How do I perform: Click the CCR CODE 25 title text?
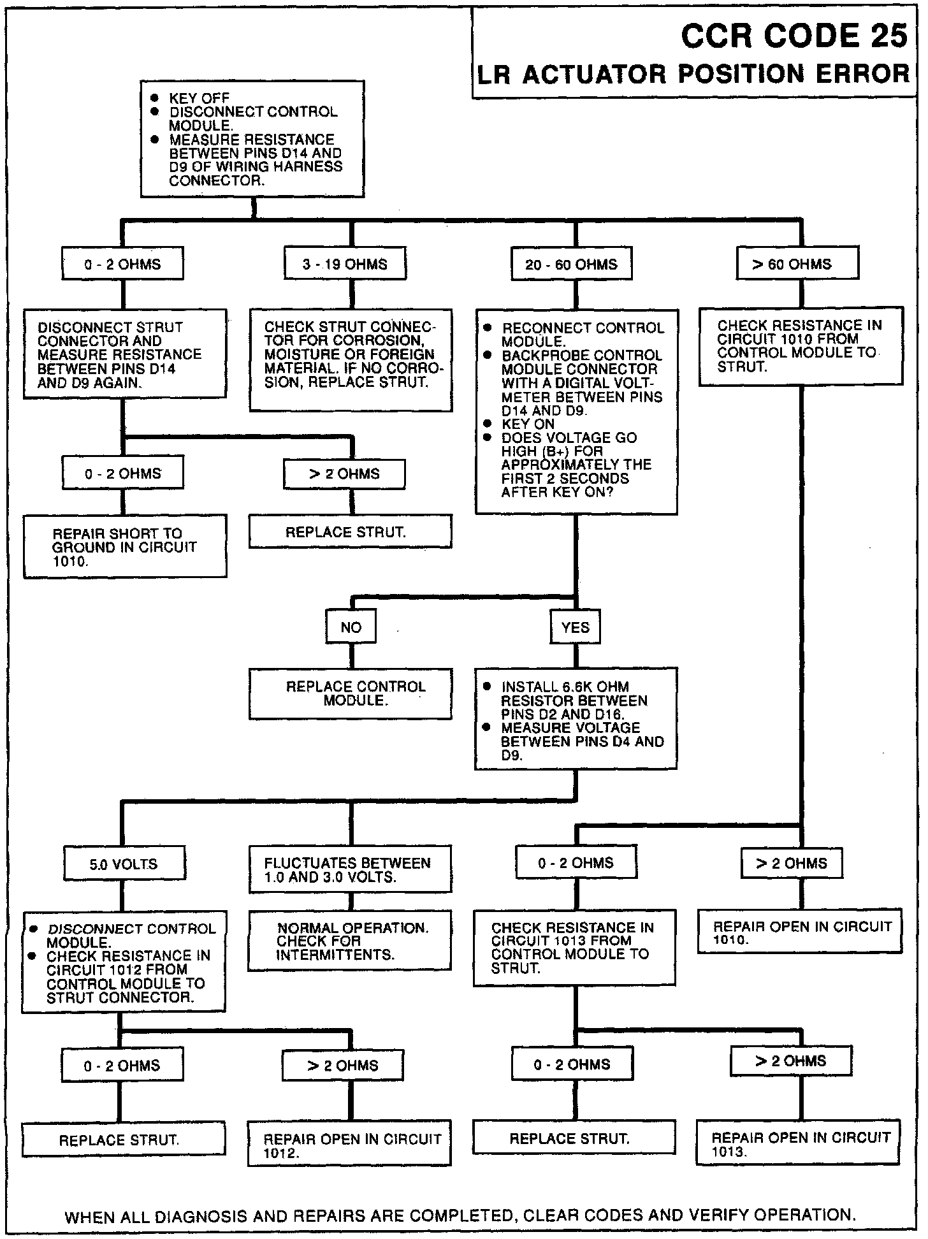point(794,36)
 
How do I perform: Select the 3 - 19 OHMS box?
point(345,264)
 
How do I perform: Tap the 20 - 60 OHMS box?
point(571,264)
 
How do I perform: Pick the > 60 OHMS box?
point(797,264)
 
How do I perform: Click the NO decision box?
point(351,627)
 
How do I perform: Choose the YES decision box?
point(575,627)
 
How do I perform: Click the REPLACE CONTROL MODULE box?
point(351,693)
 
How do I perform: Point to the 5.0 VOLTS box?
point(124,864)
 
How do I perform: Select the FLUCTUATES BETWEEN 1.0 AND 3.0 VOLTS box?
point(349,869)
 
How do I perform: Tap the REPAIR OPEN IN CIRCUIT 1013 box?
point(798,1144)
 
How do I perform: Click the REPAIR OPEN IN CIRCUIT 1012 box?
point(349,1145)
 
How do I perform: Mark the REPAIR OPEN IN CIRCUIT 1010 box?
point(800,932)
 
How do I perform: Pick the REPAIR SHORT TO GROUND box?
point(125,547)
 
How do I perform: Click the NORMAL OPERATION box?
point(349,941)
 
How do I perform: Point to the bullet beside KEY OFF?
point(154,98)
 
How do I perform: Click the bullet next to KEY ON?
point(487,424)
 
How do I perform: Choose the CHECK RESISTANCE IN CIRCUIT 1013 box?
point(574,948)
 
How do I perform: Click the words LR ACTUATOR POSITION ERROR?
point(693,75)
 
